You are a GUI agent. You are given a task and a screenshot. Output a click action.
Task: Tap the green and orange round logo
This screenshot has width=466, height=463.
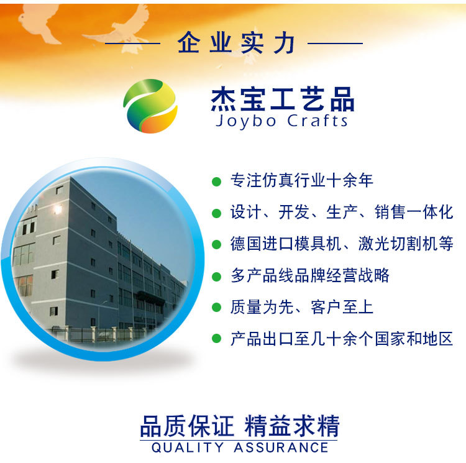point(150,106)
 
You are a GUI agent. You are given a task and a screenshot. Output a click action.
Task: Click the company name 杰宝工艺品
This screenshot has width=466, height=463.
point(283,99)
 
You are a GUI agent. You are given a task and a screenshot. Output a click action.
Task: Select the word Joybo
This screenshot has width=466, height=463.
point(245,121)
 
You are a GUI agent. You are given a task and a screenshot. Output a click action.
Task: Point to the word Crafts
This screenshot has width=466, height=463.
point(318,121)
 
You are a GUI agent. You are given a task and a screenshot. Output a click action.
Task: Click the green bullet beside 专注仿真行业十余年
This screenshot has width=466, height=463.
point(216,181)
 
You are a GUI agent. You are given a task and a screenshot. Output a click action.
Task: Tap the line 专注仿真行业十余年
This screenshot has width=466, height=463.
point(301,181)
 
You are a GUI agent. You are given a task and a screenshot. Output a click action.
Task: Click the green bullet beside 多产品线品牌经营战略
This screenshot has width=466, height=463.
point(216,276)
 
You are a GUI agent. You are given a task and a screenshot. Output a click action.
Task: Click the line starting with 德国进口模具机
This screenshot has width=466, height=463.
point(342,244)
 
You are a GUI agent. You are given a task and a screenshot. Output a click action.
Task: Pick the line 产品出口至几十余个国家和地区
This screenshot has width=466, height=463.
point(342,339)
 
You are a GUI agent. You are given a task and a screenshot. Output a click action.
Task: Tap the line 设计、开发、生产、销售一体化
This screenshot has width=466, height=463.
point(342,212)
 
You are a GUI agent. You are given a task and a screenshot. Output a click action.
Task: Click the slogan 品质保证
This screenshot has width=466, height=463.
point(187,427)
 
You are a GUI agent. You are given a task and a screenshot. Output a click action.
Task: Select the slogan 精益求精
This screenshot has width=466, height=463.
point(292,427)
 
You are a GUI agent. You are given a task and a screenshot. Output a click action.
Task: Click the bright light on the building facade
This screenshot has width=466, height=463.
point(58,209)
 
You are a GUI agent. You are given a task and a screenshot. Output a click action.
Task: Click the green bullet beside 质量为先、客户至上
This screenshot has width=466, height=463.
point(216,308)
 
